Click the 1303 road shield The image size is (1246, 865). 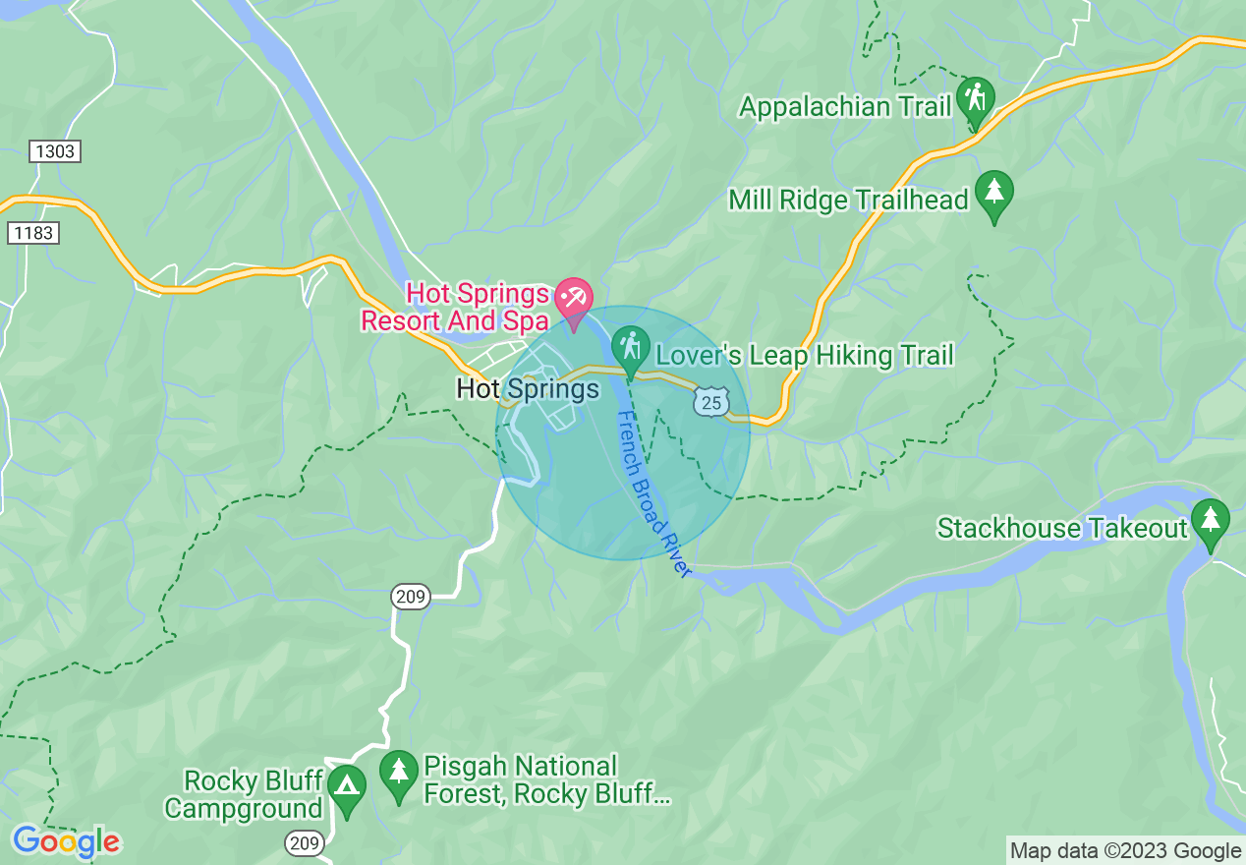coord(54,151)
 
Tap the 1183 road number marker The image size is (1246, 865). coord(32,233)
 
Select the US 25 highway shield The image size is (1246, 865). coord(711,401)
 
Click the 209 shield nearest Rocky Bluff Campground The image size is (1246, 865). coord(304,842)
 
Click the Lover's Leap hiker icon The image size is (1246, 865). coord(630,347)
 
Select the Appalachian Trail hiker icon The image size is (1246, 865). coord(975,98)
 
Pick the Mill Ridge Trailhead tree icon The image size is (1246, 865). coord(993,192)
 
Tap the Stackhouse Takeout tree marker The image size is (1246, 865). coord(1210,520)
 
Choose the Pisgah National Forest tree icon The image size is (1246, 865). coord(399,772)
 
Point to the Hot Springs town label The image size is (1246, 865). coord(528,389)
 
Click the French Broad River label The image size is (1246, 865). coord(653,493)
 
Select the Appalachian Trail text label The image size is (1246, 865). coord(845,106)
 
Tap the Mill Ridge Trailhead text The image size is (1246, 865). coord(848,201)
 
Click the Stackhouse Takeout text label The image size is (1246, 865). coord(1062,529)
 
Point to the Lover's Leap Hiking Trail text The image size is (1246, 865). coord(804,355)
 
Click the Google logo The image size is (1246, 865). coord(66,841)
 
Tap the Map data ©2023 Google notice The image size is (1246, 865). coord(1126,850)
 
